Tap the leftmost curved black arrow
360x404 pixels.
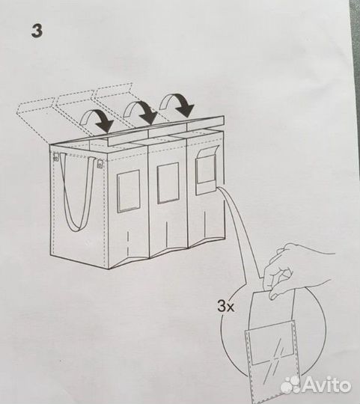(x=97, y=117)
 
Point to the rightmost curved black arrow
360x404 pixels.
(x=179, y=104)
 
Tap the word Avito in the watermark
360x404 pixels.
(x=326, y=385)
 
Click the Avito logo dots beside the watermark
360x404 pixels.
(x=290, y=385)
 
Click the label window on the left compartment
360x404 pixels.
(x=129, y=190)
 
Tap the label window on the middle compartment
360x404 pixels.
(x=168, y=183)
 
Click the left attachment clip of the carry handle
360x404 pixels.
(x=55, y=158)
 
